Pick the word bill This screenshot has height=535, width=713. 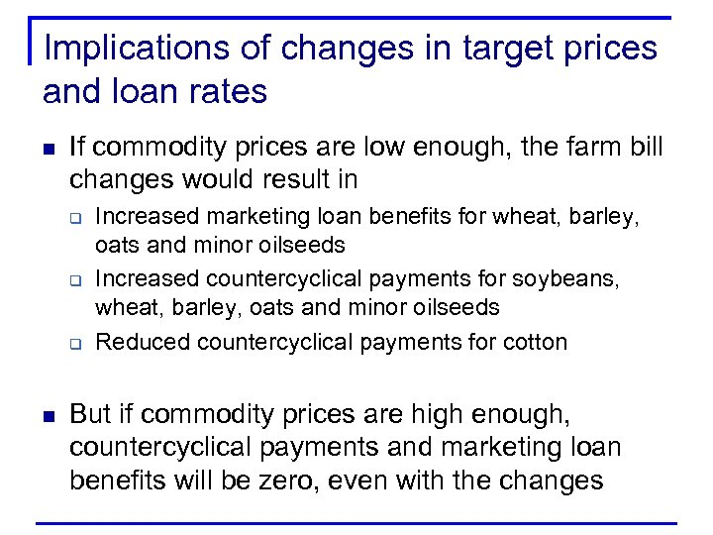point(645,149)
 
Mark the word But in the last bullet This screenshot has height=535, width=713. point(92,413)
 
